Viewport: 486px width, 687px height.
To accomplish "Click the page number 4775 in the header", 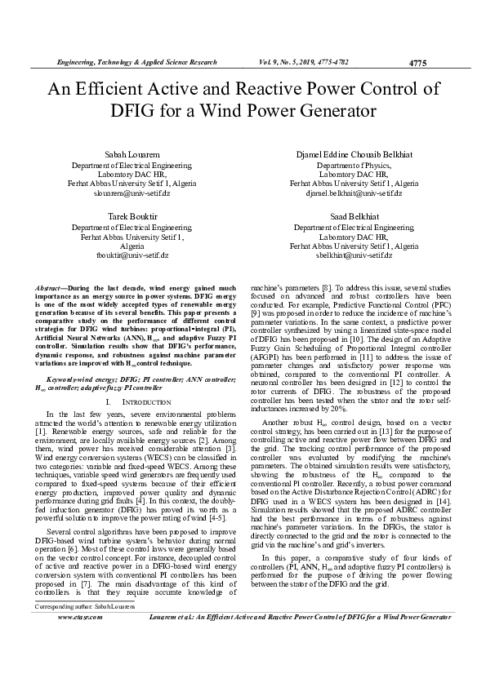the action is point(417,62).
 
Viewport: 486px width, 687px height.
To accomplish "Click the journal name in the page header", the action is point(136,62).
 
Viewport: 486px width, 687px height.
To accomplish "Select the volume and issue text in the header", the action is point(305,62).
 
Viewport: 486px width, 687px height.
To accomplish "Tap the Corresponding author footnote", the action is point(74,630).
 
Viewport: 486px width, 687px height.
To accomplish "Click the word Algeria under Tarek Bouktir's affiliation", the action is point(132,246).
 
